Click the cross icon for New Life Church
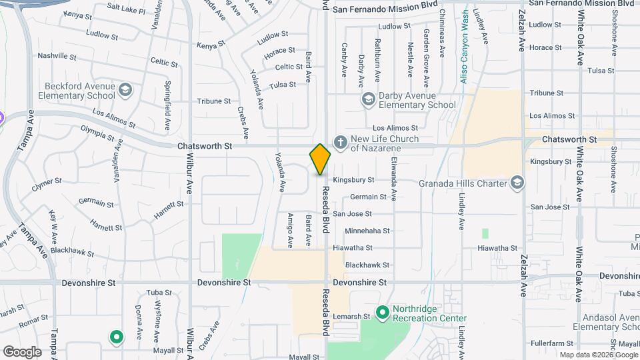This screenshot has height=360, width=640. coord(340,142)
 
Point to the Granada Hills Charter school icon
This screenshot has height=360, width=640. coord(517,183)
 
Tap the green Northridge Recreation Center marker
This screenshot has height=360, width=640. coord(382,312)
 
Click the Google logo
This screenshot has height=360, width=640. coord(22,352)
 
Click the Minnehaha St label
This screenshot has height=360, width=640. coord(367,231)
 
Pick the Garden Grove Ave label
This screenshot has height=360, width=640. coord(425,59)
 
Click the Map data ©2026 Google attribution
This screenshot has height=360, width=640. coord(598,355)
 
